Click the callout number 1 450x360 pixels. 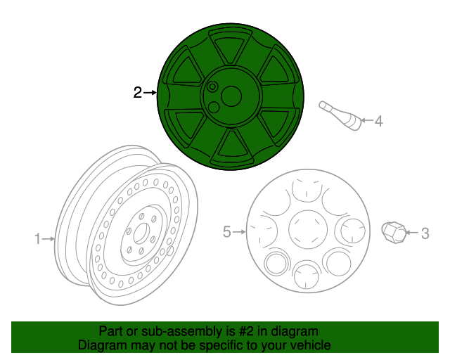[x=38, y=239]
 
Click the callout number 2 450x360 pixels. [x=138, y=92]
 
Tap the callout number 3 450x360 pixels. [x=424, y=233]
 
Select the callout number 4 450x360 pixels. [x=378, y=122]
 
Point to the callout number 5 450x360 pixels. [x=227, y=231]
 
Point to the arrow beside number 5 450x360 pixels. [x=239, y=231]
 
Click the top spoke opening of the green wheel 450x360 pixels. [x=231, y=50]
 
